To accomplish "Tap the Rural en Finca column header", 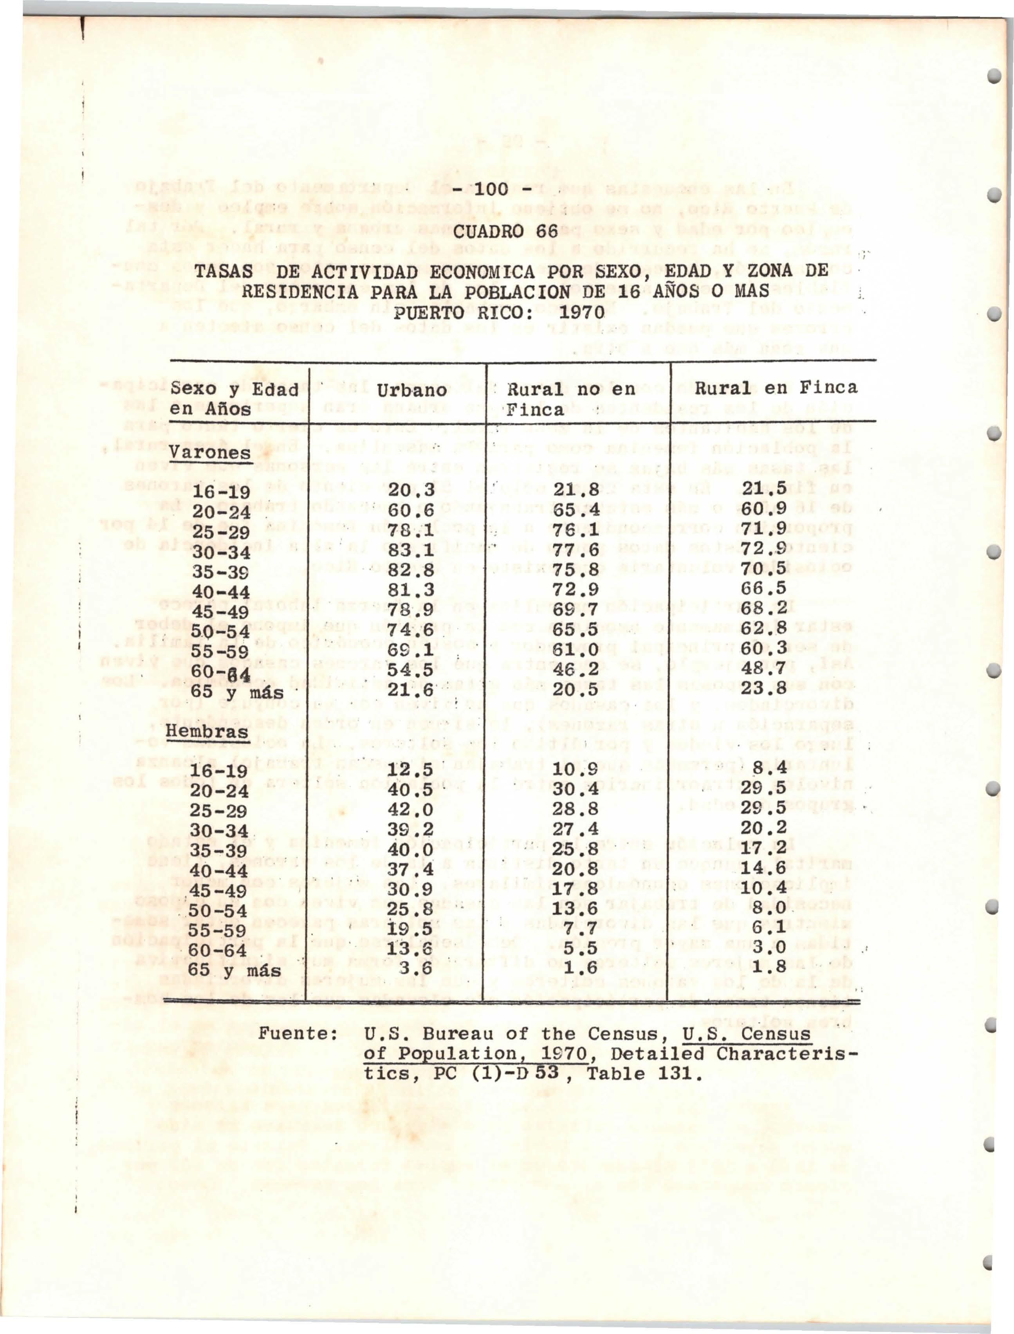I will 776,388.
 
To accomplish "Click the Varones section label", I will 211,452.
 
